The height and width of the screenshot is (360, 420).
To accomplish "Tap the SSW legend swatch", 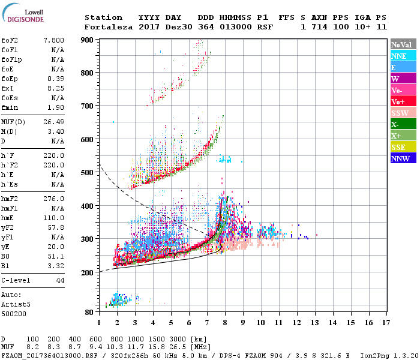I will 403,113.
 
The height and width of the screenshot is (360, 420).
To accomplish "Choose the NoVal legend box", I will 403,44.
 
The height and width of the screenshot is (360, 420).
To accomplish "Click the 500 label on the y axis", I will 88,173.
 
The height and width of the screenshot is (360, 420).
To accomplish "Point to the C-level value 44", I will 60,280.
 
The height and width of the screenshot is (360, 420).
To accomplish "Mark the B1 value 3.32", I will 56,265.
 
